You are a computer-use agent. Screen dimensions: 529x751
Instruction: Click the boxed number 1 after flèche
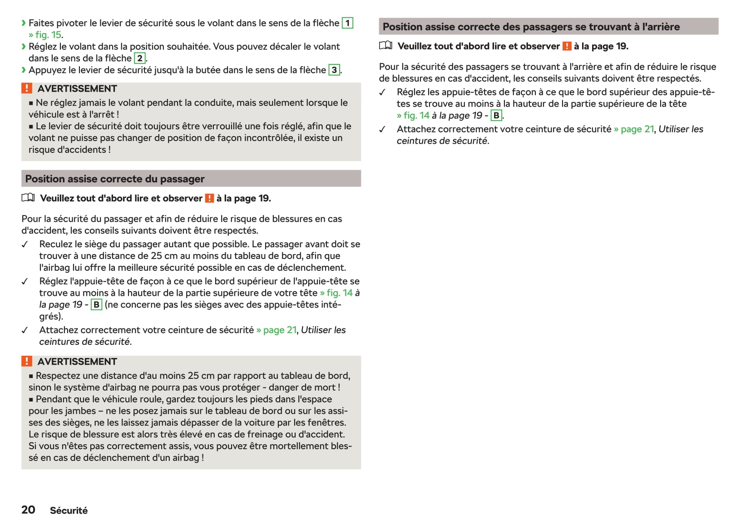point(347,23)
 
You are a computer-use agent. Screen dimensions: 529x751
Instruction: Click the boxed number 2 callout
point(140,58)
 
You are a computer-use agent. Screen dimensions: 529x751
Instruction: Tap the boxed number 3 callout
point(334,70)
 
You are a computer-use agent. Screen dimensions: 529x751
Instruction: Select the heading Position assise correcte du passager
point(115,179)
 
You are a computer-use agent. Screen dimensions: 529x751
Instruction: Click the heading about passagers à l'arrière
point(531,27)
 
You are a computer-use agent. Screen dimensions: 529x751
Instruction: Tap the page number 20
point(28,510)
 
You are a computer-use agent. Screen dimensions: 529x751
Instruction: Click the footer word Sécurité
point(69,510)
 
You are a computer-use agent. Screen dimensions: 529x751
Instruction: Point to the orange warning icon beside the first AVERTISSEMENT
point(27,88)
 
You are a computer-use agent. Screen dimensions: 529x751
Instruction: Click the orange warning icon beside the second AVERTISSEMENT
point(27,361)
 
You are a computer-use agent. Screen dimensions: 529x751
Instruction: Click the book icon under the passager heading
point(28,198)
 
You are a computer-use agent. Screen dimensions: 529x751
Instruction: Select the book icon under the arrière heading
point(385,46)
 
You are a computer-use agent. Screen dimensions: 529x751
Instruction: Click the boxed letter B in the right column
point(496,116)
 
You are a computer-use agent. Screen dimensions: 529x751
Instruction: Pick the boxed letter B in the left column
point(96,304)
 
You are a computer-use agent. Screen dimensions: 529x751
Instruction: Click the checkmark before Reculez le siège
point(25,245)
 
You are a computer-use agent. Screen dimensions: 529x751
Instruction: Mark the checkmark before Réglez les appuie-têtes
point(382,93)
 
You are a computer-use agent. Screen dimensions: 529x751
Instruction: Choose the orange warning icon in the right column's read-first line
point(567,46)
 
